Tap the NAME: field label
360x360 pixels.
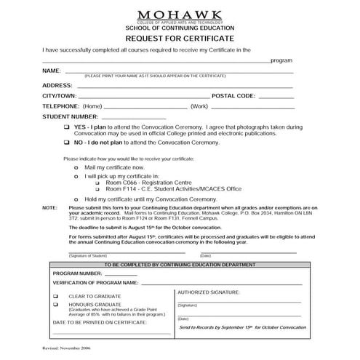click(x=52, y=71)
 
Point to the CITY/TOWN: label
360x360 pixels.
click(x=60, y=95)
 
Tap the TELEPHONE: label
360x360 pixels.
click(x=61, y=106)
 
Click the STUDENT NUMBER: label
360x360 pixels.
click(x=70, y=116)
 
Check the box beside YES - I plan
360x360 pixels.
click(x=67, y=127)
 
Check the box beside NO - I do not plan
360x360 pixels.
click(x=67, y=143)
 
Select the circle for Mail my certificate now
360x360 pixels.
click(x=77, y=167)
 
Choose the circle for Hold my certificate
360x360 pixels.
click(x=77, y=199)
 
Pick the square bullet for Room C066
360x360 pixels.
click(x=99, y=183)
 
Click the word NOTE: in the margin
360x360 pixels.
click(x=49, y=207)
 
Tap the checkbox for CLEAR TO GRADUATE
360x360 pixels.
click(x=56, y=297)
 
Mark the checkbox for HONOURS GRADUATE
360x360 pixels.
click(x=56, y=305)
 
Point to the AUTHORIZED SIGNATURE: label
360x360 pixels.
click(x=209, y=291)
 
